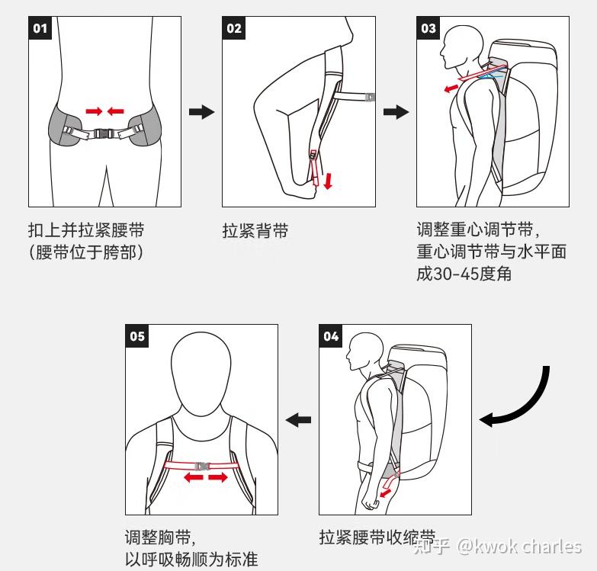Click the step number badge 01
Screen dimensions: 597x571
coord(40,27)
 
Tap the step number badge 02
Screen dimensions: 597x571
coord(234,27)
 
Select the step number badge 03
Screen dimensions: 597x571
coord(428,27)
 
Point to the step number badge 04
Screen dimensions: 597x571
coord(330,335)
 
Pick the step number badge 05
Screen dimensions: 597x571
coord(137,335)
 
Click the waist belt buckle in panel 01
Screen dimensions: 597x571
coord(103,133)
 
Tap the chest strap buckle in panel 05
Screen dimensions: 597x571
coord(202,466)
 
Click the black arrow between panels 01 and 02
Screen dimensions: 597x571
coord(202,112)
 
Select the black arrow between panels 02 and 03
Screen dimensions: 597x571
coord(396,112)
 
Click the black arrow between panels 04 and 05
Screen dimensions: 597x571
coord(299,420)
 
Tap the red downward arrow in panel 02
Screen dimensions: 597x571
coord(328,181)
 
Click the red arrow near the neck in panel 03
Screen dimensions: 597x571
coord(451,88)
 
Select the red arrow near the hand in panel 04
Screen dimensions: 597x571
coord(386,493)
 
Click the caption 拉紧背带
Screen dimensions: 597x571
coord(255,231)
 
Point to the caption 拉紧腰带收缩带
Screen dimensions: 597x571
coord(377,537)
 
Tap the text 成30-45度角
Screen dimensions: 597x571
coord(464,274)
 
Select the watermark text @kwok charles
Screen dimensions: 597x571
coord(519,547)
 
